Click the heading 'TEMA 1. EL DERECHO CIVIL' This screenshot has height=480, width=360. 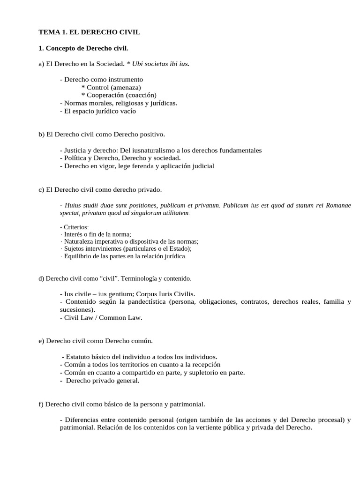click(x=89, y=32)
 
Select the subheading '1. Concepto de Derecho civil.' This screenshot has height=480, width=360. click(x=83, y=48)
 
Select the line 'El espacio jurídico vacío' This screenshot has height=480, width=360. click(x=100, y=111)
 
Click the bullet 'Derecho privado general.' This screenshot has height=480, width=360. click(x=102, y=381)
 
